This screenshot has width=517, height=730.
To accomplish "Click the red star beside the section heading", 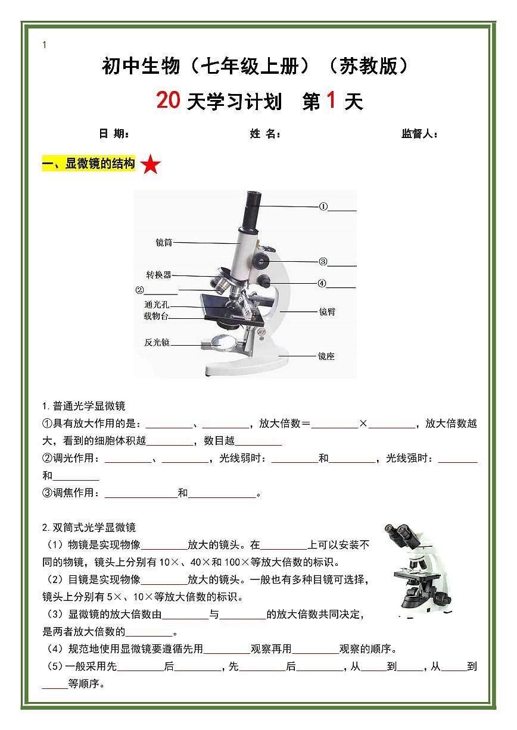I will tap(151, 165).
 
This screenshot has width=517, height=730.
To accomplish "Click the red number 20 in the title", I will tap(168, 101).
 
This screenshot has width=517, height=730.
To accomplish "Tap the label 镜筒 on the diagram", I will tap(164, 243).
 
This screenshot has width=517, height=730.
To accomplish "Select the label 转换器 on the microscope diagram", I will tap(159, 275).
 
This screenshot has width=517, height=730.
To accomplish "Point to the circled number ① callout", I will tap(323, 207).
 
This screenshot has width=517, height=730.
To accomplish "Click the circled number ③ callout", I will tap(323, 261).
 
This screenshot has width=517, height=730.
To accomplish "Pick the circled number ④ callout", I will tap(322, 284).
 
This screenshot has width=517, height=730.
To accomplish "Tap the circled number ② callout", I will tap(140, 290).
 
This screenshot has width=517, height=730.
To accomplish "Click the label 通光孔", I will tap(156, 305).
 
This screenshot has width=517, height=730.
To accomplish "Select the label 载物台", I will tap(156, 316).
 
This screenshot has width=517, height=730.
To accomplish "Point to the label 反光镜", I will tap(157, 343).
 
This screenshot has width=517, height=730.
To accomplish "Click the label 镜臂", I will tap(327, 311).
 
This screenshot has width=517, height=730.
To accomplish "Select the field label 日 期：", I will tap(114, 134).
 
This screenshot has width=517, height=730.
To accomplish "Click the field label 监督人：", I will tap(420, 134).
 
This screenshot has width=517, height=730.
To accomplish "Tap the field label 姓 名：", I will tap(265, 134).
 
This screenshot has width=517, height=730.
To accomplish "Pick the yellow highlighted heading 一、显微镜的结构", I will tap(89, 164).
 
